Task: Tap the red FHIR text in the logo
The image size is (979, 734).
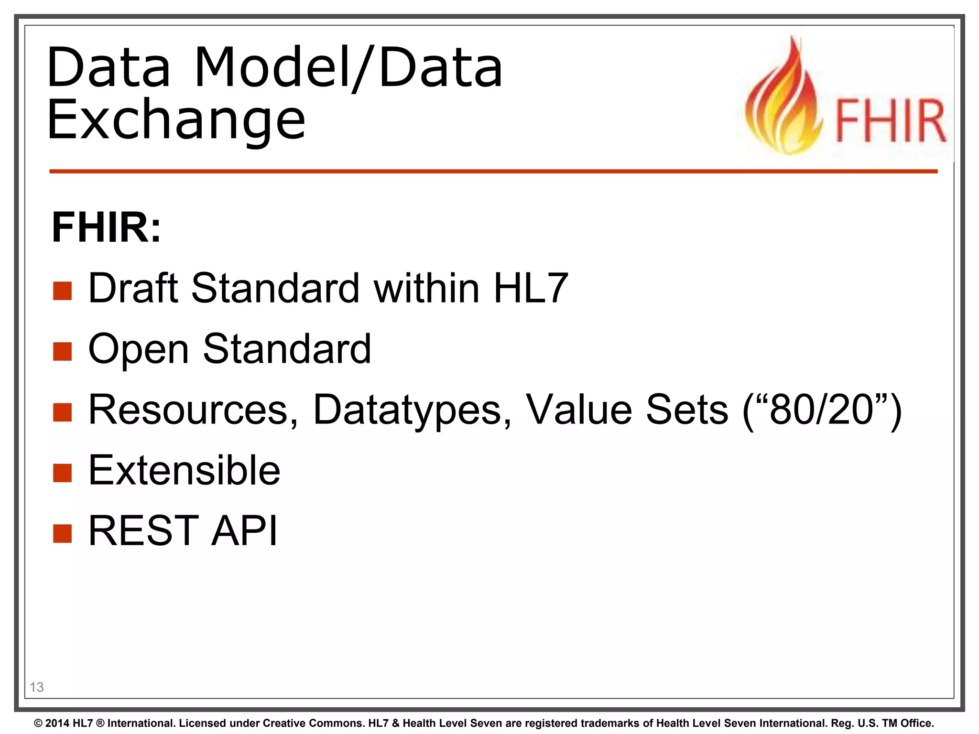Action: [x=891, y=120]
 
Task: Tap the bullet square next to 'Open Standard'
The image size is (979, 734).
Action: [x=62, y=351]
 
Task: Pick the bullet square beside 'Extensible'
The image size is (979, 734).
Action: [x=62, y=473]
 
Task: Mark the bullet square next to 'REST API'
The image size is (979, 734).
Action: [x=62, y=534]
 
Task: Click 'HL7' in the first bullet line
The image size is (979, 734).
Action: [x=531, y=288]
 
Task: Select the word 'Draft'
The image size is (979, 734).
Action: [x=133, y=288]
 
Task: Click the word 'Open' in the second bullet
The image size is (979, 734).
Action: [x=139, y=350]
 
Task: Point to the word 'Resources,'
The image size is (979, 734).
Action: [x=194, y=410]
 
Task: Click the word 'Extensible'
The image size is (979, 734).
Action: [x=185, y=471]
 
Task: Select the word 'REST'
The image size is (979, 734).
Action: [x=143, y=531]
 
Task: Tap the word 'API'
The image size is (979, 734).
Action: [x=244, y=531]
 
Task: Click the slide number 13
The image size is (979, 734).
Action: [x=37, y=687]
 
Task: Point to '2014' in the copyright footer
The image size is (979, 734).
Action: [x=57, y=723]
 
